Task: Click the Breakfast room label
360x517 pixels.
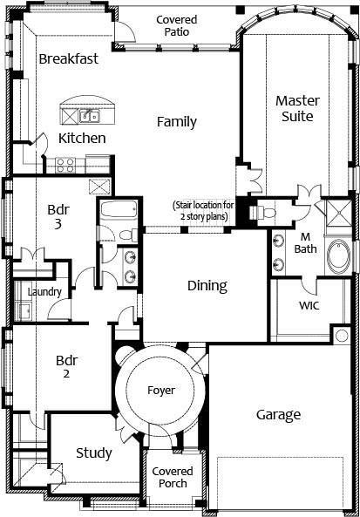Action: pos(68,58)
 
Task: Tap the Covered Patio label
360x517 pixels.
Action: pos(176,26)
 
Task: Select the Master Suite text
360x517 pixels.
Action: pos(297,108)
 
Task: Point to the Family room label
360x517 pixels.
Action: pos(176,122)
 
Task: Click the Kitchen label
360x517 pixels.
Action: pos(82,139)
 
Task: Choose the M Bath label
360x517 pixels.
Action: pos(305,243)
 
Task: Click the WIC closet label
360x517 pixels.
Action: pos(309,306)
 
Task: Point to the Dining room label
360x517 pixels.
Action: pos(207,285)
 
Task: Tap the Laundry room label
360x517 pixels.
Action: pos(44,292)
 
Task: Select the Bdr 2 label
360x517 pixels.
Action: pos(66,367)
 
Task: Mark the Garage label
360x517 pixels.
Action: pos(278,415)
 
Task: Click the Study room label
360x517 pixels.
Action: pos(93,453)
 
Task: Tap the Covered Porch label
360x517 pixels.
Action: pos(173,477)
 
